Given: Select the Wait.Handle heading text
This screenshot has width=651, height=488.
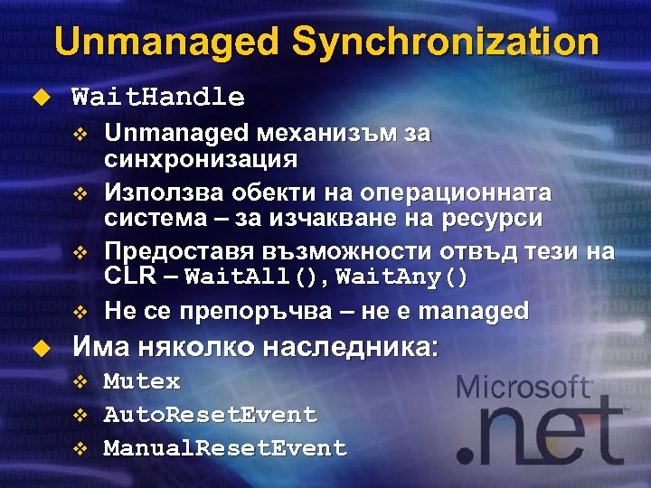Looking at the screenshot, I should click(157, 97).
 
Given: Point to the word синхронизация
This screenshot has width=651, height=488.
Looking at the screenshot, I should click(201, 160).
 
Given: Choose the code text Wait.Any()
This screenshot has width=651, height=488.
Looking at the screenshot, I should click(401, 277).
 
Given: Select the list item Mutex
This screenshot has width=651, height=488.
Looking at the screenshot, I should click(142, 381).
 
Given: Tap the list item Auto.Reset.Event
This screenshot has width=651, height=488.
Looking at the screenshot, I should click(210, 415).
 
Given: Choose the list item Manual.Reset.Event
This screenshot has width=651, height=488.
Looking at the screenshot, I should click(225, 448).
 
